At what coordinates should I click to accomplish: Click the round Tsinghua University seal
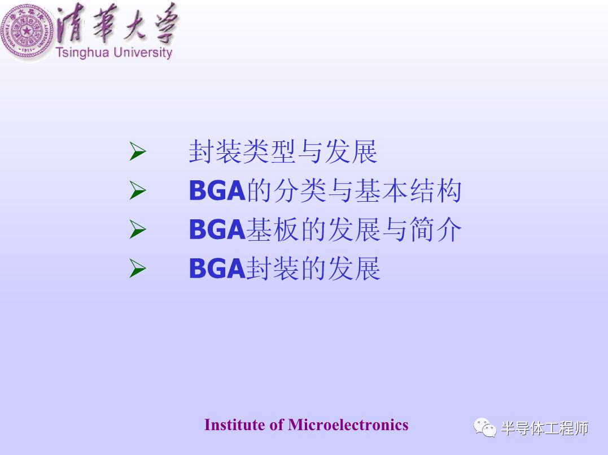[27, 31]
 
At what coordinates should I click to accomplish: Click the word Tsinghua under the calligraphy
[82, 53]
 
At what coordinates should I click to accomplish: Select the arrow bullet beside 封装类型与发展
[138, 151]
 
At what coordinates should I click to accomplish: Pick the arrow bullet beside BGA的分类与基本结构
[138, 190]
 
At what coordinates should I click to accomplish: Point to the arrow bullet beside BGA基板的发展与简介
[138, 229]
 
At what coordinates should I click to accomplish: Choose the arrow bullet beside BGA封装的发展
[138, 268]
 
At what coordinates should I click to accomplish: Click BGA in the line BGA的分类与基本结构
[217, 190]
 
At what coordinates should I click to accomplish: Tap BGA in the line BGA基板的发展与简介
[217, 229]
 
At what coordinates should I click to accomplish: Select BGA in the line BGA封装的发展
[217, 268]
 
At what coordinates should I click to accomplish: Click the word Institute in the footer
[235, 424]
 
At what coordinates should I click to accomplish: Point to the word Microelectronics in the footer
[348, 424]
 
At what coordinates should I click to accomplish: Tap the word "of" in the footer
[277, 424]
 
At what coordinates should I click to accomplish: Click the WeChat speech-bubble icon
[485, 428]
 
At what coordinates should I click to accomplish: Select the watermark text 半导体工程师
[544, 428]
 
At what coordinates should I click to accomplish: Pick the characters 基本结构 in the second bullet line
[408, 190]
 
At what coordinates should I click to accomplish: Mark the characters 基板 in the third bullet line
[273, 229]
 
